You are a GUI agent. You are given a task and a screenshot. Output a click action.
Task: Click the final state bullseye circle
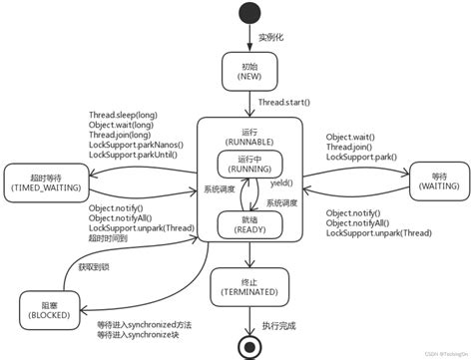(248, 344)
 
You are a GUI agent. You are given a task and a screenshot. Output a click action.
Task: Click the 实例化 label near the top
(272, 37)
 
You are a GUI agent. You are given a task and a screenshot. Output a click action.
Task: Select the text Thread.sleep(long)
(127, 116)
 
